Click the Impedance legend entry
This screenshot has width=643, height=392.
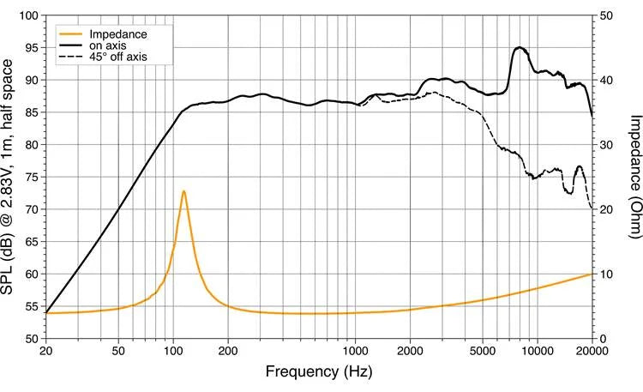[118, 34]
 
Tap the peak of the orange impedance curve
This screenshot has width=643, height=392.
[183, 191]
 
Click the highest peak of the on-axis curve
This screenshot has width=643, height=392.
[519, 48]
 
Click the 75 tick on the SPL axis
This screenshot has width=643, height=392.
[32, 177]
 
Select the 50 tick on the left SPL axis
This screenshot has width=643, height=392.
[32, 338]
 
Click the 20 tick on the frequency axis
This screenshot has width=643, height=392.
[46, 351]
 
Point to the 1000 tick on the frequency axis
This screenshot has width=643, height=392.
[356, 351]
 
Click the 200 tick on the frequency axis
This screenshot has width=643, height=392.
[228, 351]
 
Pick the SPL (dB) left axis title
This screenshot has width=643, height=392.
[9, 177]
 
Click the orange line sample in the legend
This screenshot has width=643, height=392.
[69, 34]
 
